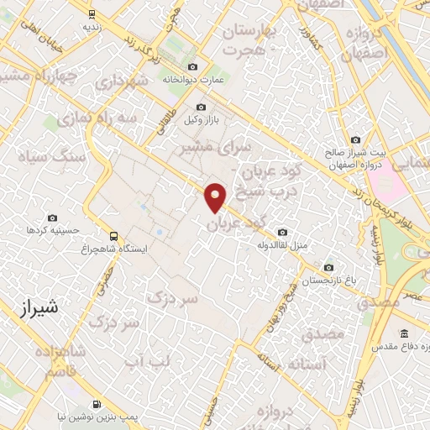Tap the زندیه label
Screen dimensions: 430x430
(x=92, y=27)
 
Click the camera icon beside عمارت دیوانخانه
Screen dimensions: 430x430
(x=194, y=67)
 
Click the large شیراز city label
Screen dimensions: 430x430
(x=37, y=309)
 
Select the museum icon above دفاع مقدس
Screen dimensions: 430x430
(x=404, y=333)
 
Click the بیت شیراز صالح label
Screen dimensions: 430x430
(x=355, y=153)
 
